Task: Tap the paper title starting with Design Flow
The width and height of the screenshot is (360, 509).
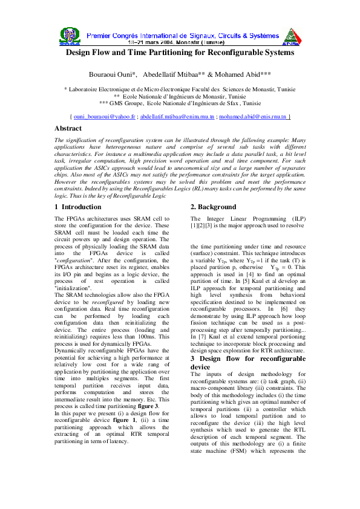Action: (x=180, y=53)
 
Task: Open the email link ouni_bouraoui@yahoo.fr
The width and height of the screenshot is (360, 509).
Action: (x=103, y=115)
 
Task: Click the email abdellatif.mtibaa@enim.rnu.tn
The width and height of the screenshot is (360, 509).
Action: (x=177, y=115)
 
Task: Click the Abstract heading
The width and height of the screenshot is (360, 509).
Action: (x=68, y=128)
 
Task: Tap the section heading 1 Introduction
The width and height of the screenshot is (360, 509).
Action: (x=78, y=207)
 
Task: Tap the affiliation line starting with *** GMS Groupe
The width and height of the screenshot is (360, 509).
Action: (x=180, y=103)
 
